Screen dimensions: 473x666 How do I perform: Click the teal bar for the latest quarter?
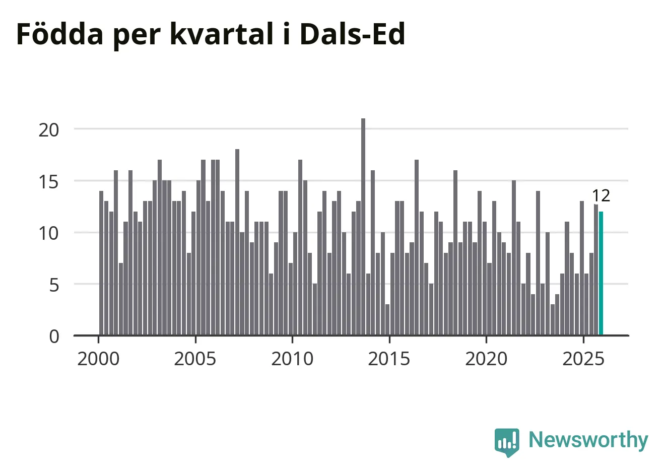(x=601, y=273)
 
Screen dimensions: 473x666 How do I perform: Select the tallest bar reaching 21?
(x=363, y=227)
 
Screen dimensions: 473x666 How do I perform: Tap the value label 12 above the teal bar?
(x=601, y=195)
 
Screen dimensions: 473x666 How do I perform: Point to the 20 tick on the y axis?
(x=49, y=129)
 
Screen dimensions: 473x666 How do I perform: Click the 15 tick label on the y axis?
(x=49, y=181)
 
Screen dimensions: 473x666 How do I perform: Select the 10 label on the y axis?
(x=49, y=233)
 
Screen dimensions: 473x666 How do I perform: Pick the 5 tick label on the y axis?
(x=54, y=285)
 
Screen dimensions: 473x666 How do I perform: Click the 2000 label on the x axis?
(x=98, y=359)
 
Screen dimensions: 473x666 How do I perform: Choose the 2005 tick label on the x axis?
(x=195, y=359)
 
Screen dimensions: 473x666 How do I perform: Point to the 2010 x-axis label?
(x=292, y=359)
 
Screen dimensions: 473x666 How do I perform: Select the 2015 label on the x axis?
(x=389, y=359)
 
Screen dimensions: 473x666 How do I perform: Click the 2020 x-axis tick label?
(x=486, y=359)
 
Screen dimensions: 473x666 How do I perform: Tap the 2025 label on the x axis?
(x=583, y=359)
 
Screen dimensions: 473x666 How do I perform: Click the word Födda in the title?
(x=59, y=34)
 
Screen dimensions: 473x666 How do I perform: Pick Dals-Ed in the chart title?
(x=352, y=34)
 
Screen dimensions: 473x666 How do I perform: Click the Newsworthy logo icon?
(x=507, y=442)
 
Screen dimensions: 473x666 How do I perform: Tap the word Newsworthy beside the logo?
(x=588, y=440)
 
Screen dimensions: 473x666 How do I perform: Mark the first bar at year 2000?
(x=101, y=263)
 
